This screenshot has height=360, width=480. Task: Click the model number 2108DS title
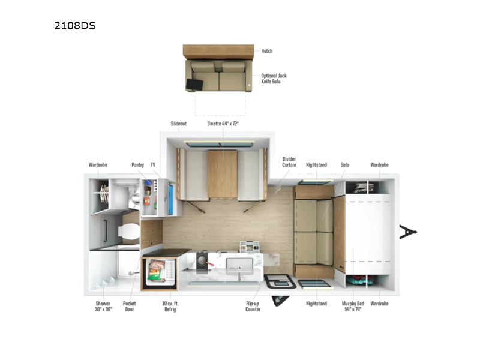click(x=75, y=26)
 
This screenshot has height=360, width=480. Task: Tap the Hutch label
click(x=266, y=51)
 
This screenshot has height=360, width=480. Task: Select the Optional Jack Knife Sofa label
click(x=274, y=78)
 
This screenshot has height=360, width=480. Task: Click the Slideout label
click(x=179, y=124)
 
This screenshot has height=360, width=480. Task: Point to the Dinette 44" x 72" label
click(x=222, y=124)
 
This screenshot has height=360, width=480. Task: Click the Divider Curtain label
click(x=289, y=162)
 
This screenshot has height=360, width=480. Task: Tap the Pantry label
click(x=138, y=164)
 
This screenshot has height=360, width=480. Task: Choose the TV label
click(x=153, y=164)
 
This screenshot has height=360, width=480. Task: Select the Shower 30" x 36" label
click(x=103, y=307)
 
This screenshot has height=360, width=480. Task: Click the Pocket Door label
click(x=130, y=307)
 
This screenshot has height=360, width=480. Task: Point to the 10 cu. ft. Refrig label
click(x=170, y=307)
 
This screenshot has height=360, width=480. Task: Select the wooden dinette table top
click(x=222, y=174)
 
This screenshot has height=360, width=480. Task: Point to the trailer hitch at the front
click(x=408, y=232)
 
